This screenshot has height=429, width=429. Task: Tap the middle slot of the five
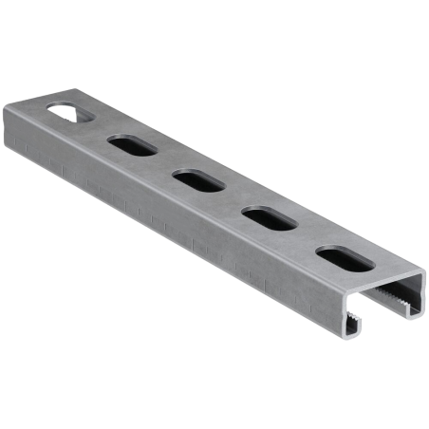(195, 179)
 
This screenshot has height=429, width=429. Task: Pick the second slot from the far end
(132, 146)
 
